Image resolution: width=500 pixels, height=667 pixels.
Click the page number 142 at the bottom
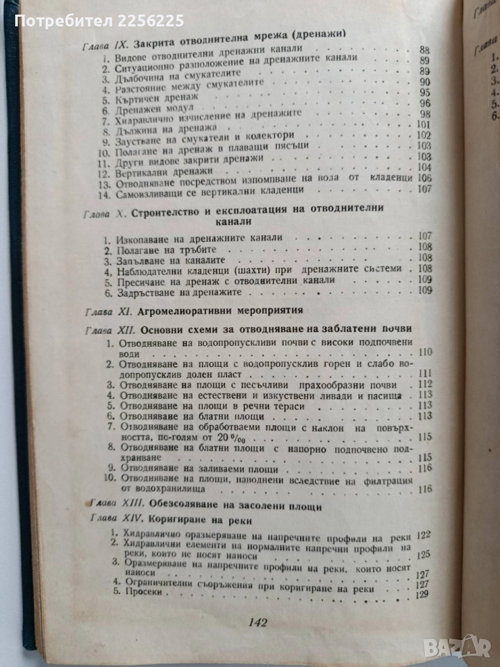(x=257, y=623)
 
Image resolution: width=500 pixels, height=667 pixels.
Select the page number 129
(x=420, y=594)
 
